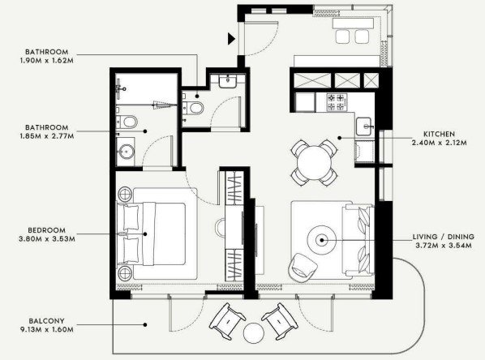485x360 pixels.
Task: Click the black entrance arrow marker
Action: [231, 39]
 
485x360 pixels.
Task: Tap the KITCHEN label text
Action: [439, 135]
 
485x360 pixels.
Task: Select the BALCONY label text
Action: [47, 321]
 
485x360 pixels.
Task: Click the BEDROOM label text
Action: [47, 230]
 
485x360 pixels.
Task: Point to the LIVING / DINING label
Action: [444, 237]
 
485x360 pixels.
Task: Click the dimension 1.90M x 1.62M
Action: [47, 60]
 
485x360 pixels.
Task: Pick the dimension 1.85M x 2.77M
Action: [47, 135]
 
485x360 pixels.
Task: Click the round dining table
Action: [314, 163]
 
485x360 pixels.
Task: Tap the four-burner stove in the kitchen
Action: [336, 102]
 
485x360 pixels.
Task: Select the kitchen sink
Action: [364, 126]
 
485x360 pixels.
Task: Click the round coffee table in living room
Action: [322, 240]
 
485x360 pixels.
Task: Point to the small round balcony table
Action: [254, 333]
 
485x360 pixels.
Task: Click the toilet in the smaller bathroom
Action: [193, 108]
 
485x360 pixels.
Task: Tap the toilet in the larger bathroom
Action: [127, 122]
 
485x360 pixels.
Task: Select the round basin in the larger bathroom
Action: [127, 152]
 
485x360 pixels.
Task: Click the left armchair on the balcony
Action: [228, 321]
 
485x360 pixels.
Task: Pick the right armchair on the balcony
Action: [280, 321]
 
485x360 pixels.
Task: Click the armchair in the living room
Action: [303, 268]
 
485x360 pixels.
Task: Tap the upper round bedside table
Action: [125, 195]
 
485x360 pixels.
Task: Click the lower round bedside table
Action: [125, 273]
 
